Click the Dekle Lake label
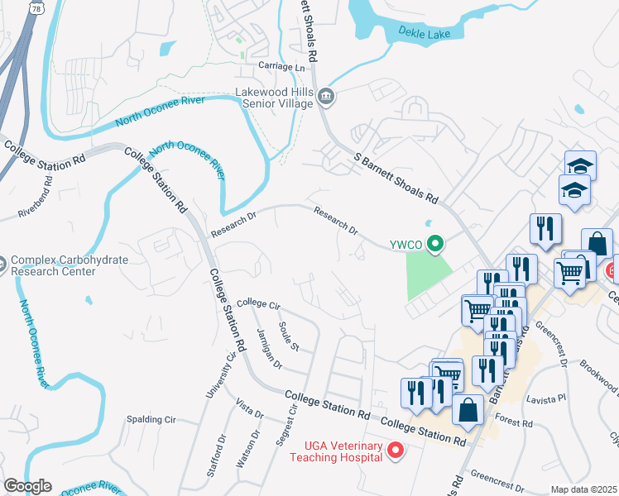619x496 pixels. point(425,32)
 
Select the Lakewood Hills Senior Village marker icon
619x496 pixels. point(326,97)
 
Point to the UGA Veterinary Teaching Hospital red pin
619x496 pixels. point(395,451)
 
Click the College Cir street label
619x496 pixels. point(259,303)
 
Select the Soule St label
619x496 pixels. point(289,334)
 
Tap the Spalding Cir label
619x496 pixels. point(151,420)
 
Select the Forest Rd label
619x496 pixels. point(515,422)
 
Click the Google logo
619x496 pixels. point(27,486)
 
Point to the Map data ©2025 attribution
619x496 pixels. point(583,489)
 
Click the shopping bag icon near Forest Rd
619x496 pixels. point(468,410)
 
